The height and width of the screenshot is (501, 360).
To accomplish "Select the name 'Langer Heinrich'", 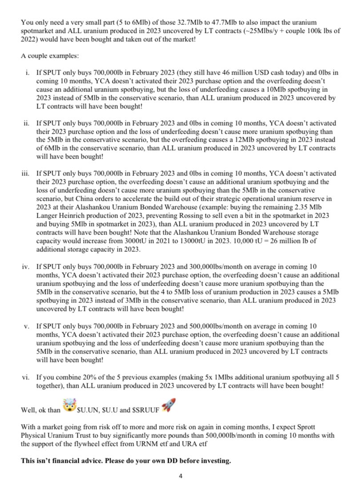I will pyautogui.click(x=56, y=215).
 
